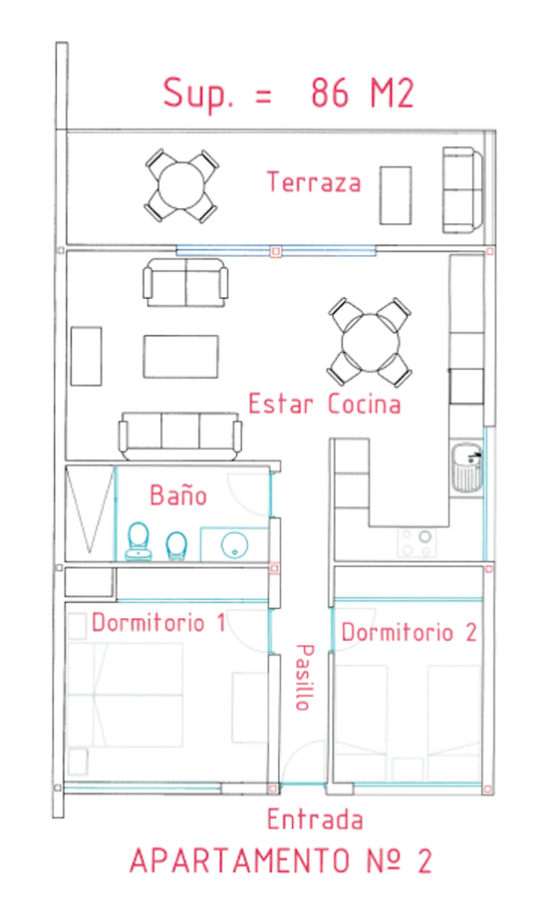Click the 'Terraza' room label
tap(315, 182)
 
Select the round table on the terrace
tap(181, 186)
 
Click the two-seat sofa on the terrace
tap(462, 190)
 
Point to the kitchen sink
tap(467, 467)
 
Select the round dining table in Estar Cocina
tap(371, 343)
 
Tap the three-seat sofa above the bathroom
tap(180, 435)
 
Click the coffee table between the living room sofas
tap(181, 357)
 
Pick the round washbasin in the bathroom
tap(234, 544)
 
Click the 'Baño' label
tap(178, 496)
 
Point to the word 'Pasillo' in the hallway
tap(304, 677)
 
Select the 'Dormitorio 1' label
tap(159, 623)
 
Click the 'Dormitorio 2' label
tap(409, 632)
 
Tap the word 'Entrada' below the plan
tap(315, 820)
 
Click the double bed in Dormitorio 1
tap(125, 695)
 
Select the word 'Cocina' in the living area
tap(364, 403)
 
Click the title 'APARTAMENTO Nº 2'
tap(281, 861)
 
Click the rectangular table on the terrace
tap(396, 195)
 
